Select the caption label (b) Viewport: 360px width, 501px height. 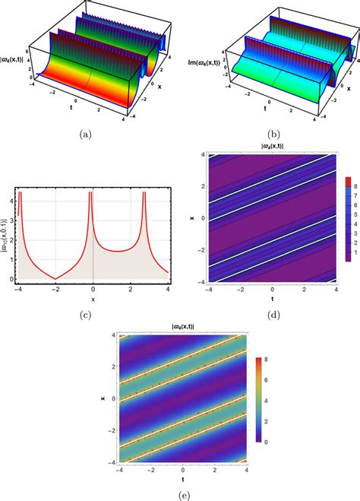271,135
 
